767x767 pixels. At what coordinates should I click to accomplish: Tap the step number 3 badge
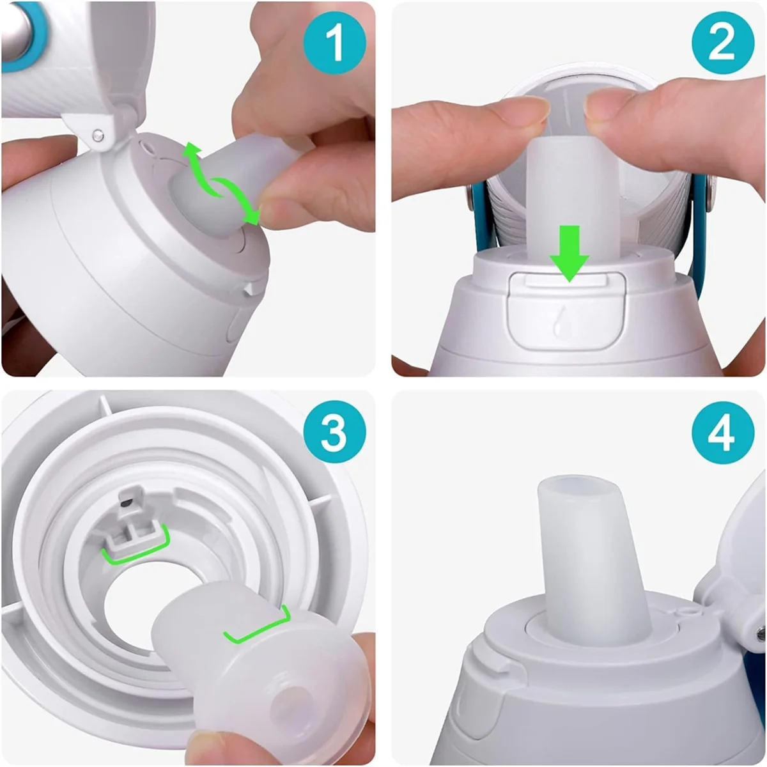334,433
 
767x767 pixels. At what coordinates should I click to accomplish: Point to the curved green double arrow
221,185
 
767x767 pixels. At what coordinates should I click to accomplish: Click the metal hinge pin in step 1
97,135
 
